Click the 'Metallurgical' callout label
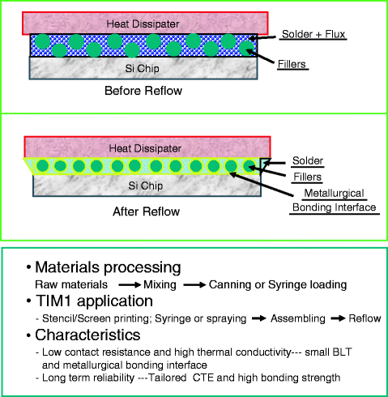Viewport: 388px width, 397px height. (x=322, y=193)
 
